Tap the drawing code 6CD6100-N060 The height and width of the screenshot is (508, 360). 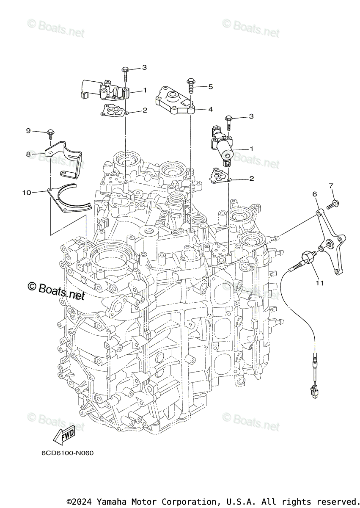(x=68, y=453)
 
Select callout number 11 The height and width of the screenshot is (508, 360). (x=319, y=283)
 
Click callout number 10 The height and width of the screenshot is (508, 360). (x=27, y=193)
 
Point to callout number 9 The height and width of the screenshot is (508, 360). (x=29, y=130)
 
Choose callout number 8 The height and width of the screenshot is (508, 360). (x=29, y=155)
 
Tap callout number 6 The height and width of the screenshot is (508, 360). (x=314, y=193)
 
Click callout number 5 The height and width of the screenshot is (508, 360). (x=210, y=87)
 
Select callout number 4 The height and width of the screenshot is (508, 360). (x=210, y=109)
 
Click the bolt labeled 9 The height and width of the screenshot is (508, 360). (x=50, y=133)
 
